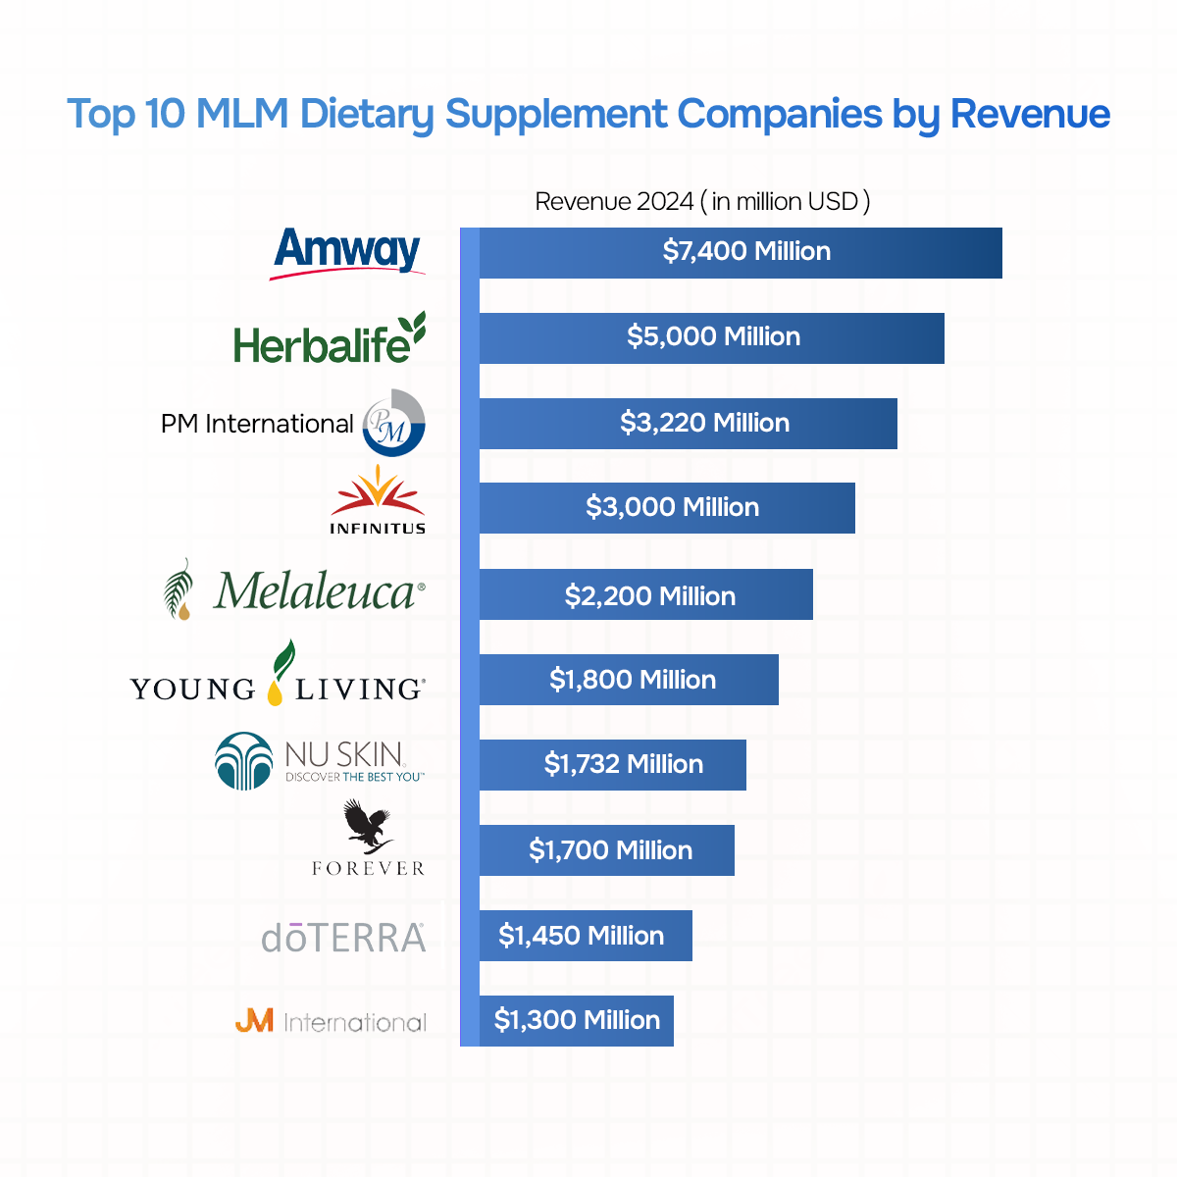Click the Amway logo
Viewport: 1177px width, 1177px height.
(x=347, y=252)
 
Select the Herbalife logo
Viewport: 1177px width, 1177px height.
(x=330, y=338)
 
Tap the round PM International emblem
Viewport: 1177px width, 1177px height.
(x=394, y=424)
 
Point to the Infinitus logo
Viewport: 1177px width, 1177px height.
(x=378, y=500)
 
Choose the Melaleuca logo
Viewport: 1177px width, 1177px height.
(x=294, y=590)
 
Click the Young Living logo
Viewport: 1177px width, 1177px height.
(x=278, y=677)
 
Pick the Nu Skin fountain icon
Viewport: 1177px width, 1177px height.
(x=243, y=761)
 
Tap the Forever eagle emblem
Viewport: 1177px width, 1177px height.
(x=367, y=828)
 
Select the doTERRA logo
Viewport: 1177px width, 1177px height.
(x=343, y=938)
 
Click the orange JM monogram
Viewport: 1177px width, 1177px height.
(x=254, y=1022)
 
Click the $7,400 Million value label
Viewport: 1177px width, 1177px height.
(x=746, y=252)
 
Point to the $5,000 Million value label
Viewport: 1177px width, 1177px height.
(x=713, y=337)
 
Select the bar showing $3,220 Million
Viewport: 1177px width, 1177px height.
(x=687, y=424)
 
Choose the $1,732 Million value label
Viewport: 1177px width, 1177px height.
(x=624, y=765)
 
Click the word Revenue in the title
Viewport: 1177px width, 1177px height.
(x=1030, y=115)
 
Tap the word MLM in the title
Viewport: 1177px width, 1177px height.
(x=242, y=115)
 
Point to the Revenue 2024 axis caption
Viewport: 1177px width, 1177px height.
(x=702, y=202)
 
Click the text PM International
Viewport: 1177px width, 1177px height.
(x=257, y=424)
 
